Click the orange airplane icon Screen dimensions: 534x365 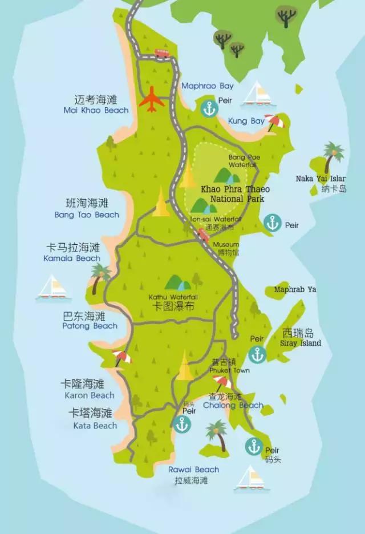tap(152, 100)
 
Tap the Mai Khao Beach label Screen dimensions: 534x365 tap(96, 110)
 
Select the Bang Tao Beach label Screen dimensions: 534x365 tap(87, 215)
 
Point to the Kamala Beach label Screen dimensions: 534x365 tap(72, 258)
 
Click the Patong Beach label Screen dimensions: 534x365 tap(90, 326)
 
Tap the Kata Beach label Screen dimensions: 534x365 tap(95, 425)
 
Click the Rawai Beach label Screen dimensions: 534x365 tap(193, 470)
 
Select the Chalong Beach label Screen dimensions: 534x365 tap(236, 405)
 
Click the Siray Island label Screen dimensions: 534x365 tap(301, 343)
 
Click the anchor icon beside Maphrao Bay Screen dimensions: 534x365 tap(209, 107)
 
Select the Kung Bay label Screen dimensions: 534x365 tap(246, 121)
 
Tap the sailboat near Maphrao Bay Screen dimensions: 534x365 tap(256, 94)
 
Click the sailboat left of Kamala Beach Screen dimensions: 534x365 tap(52, 288)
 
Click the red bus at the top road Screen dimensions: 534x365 tap(162, 53)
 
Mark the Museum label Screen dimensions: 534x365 tap(226, 244)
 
